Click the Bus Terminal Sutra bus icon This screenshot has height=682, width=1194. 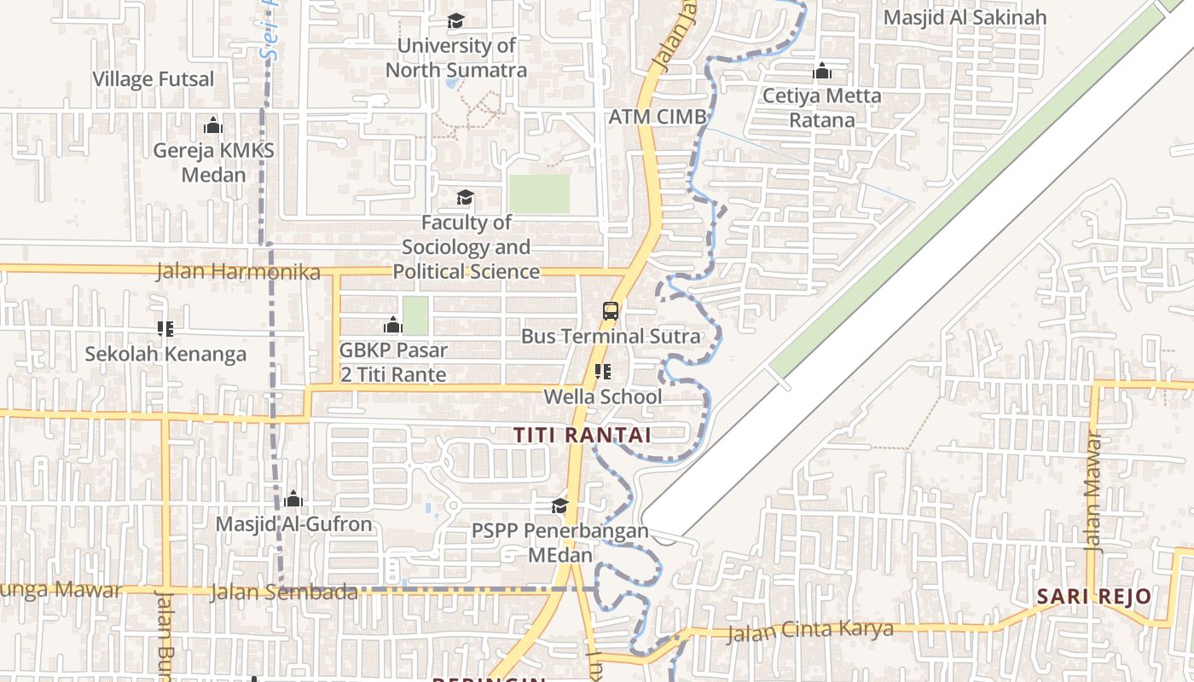click(611, 310)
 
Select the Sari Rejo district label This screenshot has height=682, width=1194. click(1094, 596)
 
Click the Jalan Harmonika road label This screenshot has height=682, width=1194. click(239, 272)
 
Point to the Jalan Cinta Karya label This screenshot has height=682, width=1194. click(809, 632)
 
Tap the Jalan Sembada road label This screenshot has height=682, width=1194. click(283, 592)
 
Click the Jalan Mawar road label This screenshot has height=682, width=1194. click(1094, 494)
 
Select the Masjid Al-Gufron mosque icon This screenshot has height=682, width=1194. click(293, 499)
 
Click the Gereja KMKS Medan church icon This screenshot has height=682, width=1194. click(213, 126)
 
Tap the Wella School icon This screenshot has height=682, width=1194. click(603, 372)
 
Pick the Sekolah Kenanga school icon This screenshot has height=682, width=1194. click(165, 328)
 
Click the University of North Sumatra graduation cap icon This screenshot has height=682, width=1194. click(456, 20)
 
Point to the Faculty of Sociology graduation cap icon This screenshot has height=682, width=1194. click(465, 198)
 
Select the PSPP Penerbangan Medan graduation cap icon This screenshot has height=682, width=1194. click(559, 506)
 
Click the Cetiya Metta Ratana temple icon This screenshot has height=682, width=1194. click(822, 71)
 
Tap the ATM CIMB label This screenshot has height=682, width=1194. click(657, 117)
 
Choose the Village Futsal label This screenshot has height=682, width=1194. click(154, 79)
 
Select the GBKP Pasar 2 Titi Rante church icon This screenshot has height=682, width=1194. click(393, 325)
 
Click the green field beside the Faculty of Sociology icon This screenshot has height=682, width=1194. click(539, 194)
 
